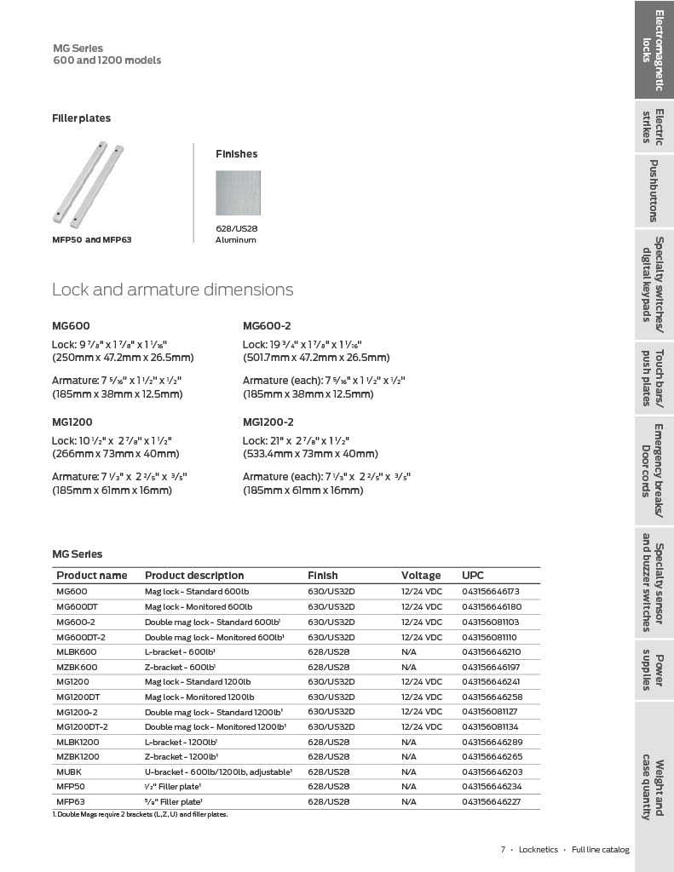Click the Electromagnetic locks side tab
(654, 50)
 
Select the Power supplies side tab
(654, 669)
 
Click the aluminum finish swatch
(238, 193)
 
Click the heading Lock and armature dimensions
(172, 290)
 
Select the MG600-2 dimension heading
(267, 326)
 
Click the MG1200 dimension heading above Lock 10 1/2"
(72, 422)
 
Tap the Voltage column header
(421, 575)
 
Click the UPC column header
(472, 575)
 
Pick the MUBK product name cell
(69, 772)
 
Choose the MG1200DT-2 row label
(82, 726)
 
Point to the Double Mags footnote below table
(140, 814)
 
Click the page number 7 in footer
(503, 849)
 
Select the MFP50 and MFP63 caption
(92, 239)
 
